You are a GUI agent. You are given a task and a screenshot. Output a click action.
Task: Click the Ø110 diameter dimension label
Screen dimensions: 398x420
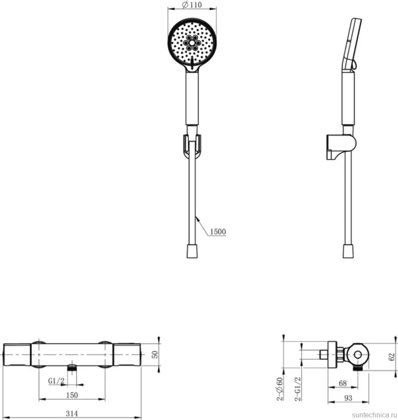coord(192,5)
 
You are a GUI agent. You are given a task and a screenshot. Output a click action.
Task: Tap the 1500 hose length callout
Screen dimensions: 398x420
coord(218,231)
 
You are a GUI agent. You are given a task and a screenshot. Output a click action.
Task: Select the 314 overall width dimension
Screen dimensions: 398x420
coord(72,414)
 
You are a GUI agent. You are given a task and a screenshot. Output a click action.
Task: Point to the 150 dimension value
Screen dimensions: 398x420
coord(72,395)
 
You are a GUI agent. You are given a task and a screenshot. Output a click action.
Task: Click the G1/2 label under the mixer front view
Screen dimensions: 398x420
coord(56,381)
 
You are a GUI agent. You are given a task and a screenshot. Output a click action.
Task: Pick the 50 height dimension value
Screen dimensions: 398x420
coord(155,355)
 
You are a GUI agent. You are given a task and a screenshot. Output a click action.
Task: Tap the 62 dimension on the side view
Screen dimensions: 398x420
coord(391,357)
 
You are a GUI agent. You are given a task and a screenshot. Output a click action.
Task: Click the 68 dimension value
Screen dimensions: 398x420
coord(343,383)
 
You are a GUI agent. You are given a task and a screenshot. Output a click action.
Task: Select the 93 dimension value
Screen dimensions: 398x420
coord(348,398)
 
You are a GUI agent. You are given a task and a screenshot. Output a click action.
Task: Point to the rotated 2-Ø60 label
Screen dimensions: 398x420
coord(280,389)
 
